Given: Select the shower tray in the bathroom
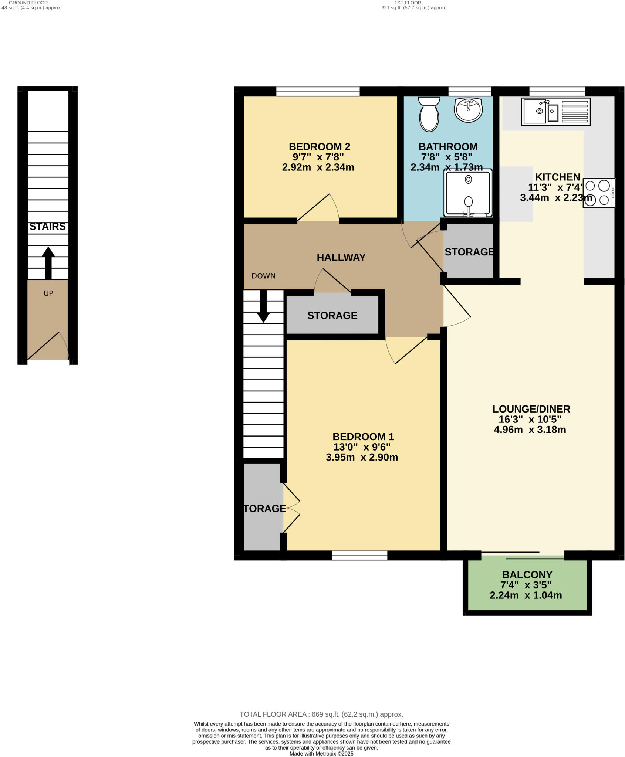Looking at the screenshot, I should [x=468, y=193].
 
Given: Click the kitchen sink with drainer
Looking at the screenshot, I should [x=556, y=111].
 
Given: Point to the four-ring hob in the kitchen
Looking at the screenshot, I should [x=599, y=193].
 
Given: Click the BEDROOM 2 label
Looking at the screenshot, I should [x=319, y=147].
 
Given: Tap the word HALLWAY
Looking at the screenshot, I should [x=341, y=258].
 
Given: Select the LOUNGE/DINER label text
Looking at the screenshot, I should [x=531, y=409].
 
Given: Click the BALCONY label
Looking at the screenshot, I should [x=527, y=575].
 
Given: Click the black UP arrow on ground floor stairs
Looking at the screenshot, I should [x=48, y=262].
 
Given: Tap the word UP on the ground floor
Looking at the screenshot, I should [x=48, y=293].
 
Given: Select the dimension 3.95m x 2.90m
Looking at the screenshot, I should [x=362, y=458].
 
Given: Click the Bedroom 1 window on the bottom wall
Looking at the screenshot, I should [x=359, y=556].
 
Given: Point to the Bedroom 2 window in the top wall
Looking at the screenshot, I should [x=318, y=91].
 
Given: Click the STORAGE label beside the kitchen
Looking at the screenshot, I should [x=469, y=252].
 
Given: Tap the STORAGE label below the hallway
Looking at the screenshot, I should [x=332, y=316].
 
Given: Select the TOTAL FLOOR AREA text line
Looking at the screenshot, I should [x=321, y=714].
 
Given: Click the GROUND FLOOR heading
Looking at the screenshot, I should [x=28, y=3].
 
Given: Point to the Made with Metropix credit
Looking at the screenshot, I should [x=321, y=754].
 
